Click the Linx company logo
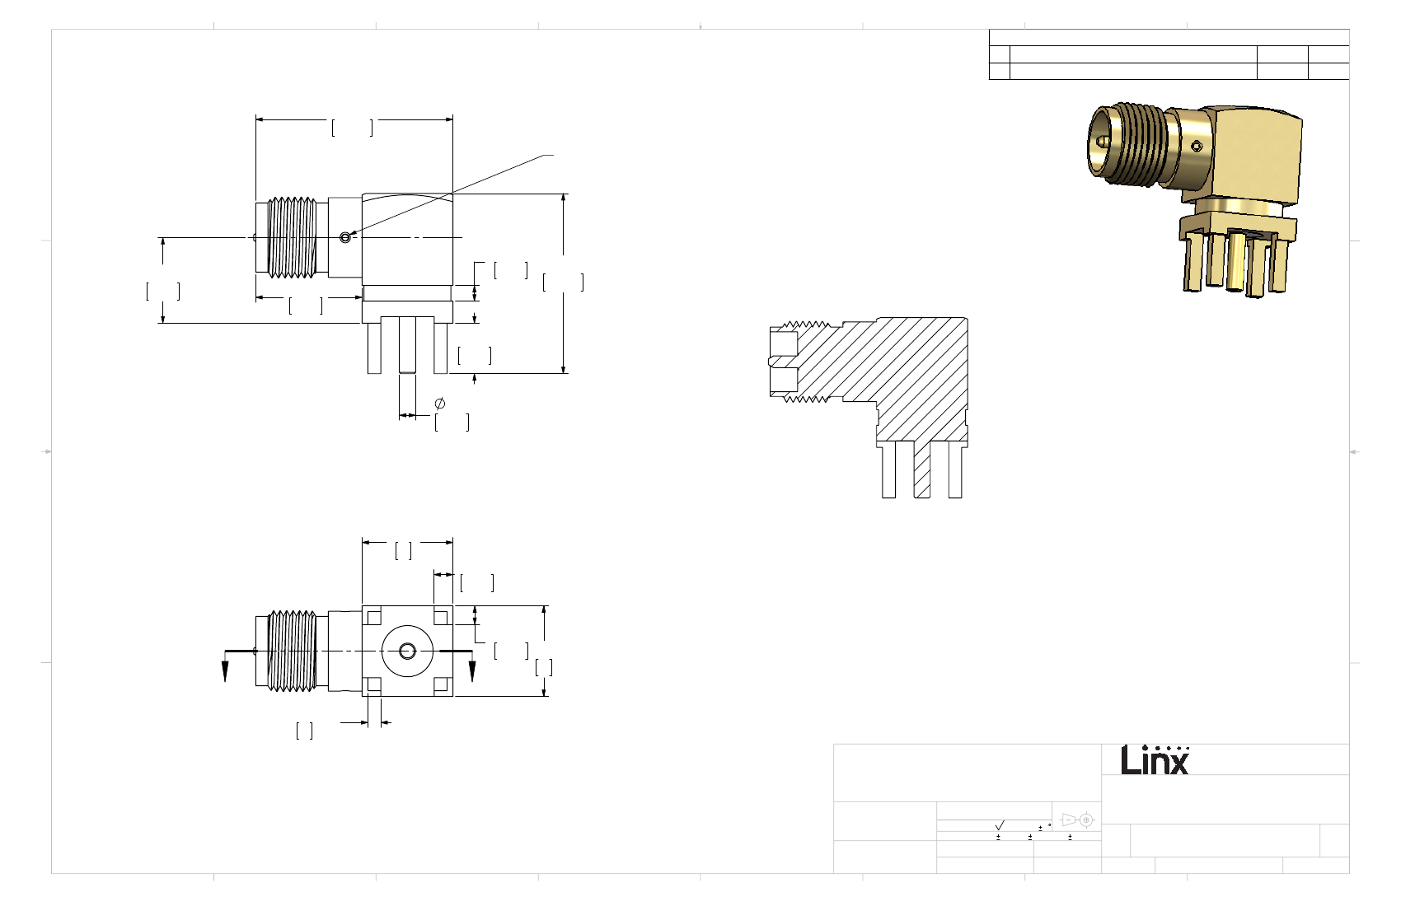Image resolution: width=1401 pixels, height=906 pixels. click(x=1155, y=760)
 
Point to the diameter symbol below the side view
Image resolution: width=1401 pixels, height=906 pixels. click(x=440, y=404)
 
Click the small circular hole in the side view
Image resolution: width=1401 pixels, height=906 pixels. click(x=345, y=237)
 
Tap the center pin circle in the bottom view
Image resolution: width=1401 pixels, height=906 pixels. click(x=407, y=651)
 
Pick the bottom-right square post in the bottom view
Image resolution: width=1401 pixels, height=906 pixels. click(x=441, y=685)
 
